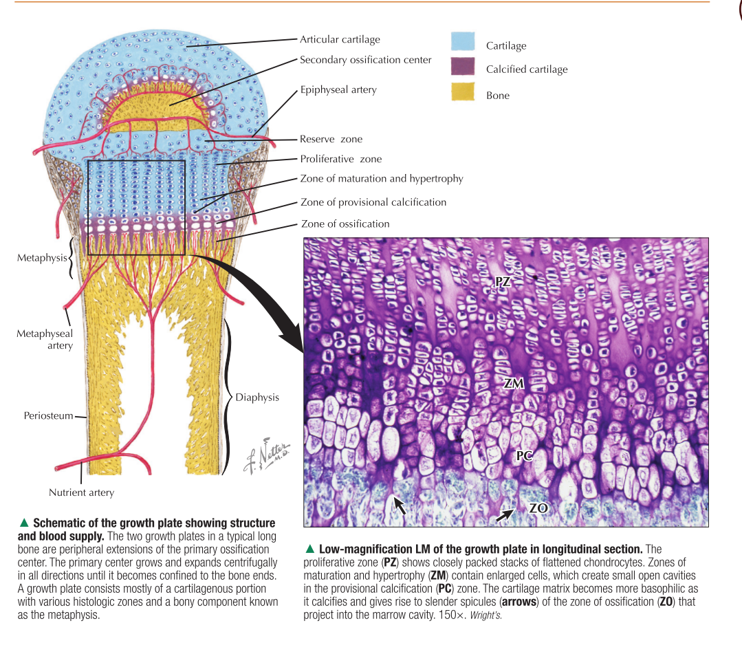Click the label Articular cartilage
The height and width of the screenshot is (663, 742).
[x=340, y=39]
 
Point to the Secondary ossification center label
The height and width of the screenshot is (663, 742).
[x=366, y=60]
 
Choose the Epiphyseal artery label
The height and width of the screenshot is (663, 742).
[x=338, y=89]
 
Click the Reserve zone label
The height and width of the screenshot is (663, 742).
[x=331, y=139]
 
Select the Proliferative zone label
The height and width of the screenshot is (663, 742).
[x=340, y=159]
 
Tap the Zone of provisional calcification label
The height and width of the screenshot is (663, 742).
[x=373, y=202]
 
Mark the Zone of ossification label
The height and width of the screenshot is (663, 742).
[x=345, y=224]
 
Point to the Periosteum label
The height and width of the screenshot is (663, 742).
[x=48, y=415]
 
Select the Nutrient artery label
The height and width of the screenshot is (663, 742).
[x=81, y=492]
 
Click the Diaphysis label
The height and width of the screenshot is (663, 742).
[x=257, y=398]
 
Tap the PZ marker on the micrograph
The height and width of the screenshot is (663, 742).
[x=503, y=281]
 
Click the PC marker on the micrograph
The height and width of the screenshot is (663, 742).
[x=525, y=455]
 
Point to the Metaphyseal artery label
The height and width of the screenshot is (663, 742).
[x=45, y=340]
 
